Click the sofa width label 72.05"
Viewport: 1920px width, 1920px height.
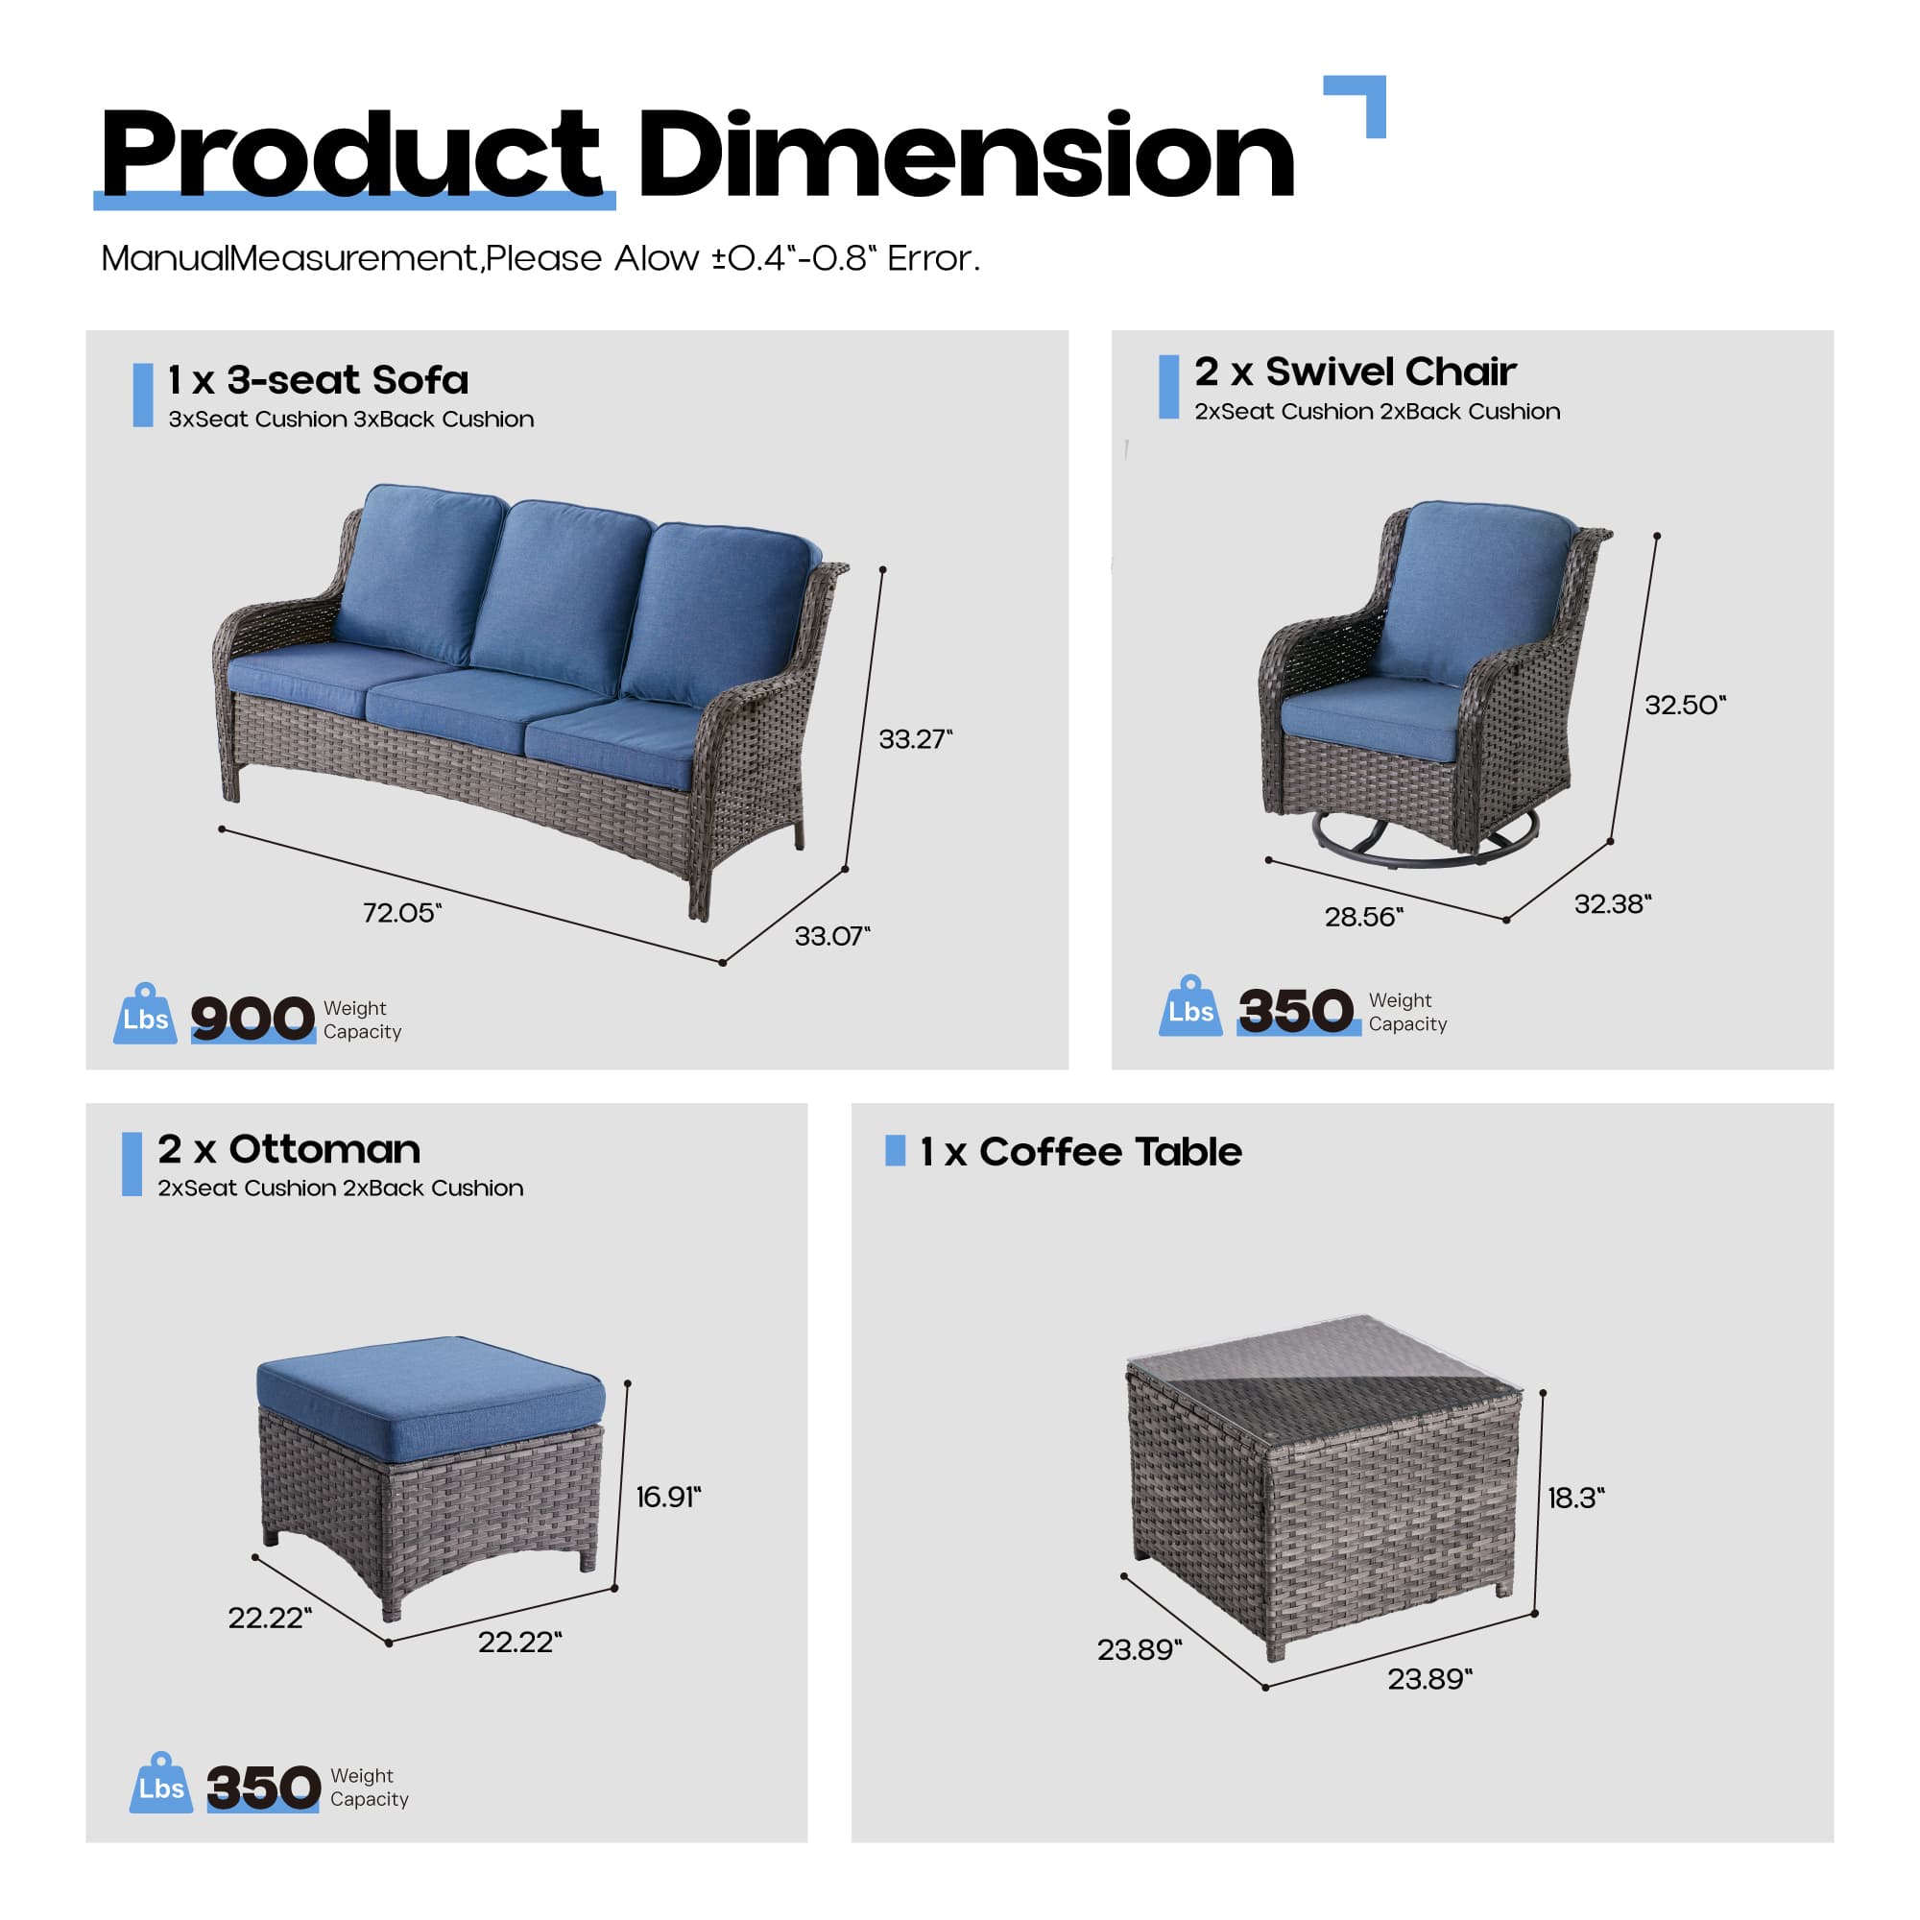point(401,912)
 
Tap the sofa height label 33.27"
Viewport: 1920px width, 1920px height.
point(914,738)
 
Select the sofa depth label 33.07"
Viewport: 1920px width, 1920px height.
point(831,936)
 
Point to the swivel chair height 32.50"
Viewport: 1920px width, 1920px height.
point(1686,705)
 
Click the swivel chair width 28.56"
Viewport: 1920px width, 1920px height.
point(1363,916)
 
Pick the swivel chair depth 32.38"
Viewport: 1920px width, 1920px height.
point(1612,903)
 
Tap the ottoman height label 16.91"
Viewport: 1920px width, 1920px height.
point(668,1497)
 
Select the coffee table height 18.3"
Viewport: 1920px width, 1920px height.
point(1575,1498)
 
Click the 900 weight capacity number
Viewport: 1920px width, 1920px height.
point(252,1019)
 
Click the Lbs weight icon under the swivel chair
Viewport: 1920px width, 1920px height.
point(1190,1008)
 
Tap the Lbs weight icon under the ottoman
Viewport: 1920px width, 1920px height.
point(161,1785)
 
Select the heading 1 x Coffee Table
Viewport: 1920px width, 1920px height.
point(1080,1152)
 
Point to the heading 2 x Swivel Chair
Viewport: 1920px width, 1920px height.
point(1355,372)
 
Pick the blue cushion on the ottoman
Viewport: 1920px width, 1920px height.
point(429,1394)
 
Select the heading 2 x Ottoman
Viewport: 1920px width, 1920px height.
point(288,1150)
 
